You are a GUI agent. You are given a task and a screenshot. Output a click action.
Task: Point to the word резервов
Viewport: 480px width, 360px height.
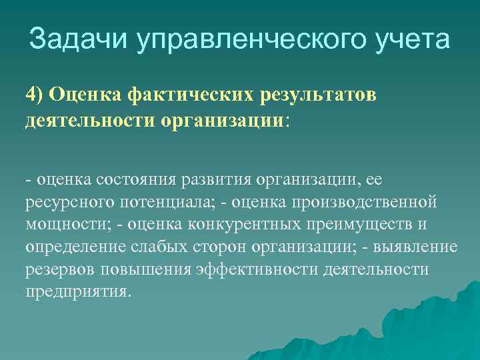59,270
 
